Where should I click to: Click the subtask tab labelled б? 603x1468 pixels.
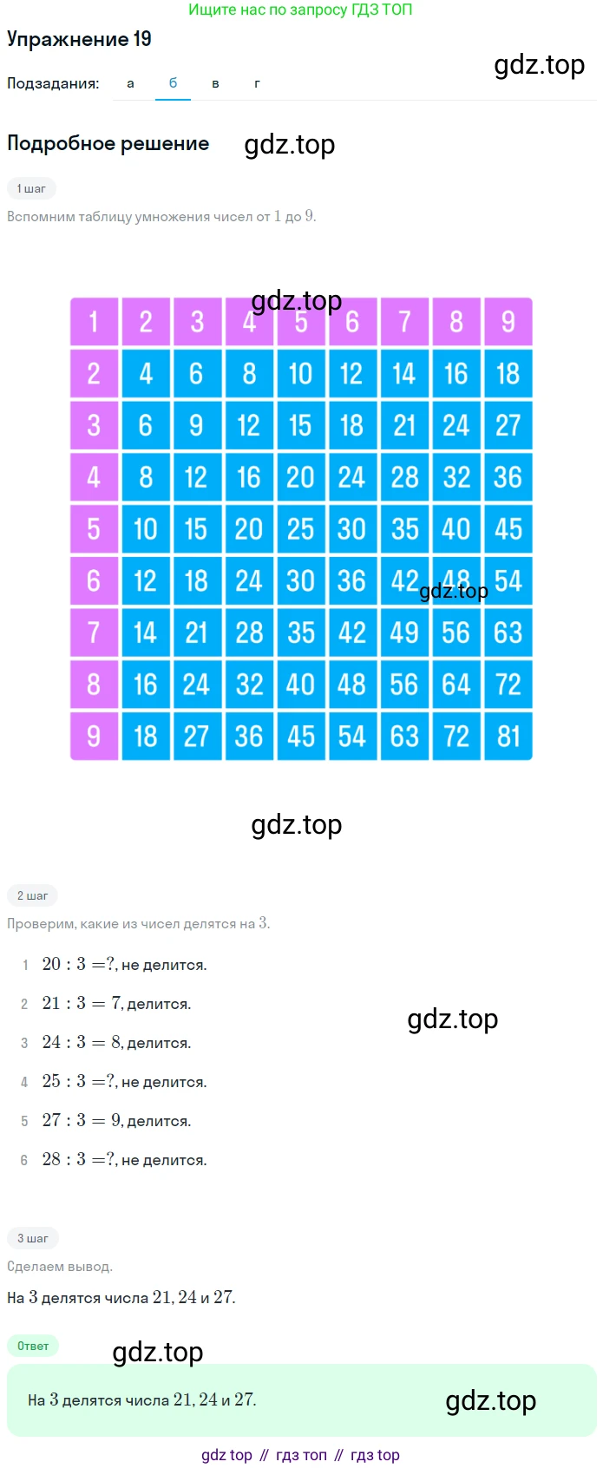coord(173,83)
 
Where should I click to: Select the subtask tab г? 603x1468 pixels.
coord(257,83)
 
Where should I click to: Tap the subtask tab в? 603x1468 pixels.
coord(215,83)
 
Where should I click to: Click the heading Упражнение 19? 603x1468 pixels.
coord(79,39)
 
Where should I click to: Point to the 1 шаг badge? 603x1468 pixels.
coord(31,189)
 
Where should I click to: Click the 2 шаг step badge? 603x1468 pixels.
coord(32,895)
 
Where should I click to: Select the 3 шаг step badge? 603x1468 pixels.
coord(33,1238)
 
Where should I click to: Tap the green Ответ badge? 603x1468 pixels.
coord(33,1346)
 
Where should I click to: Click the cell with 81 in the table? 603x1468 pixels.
coord(508,736)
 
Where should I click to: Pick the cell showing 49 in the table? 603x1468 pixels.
coord(404,632)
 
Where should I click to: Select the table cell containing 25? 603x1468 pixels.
coord(301,529)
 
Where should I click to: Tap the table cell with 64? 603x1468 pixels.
coord(456,685)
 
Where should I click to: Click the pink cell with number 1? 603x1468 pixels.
coord(94,322)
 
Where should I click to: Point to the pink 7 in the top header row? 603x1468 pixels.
coord(404,322)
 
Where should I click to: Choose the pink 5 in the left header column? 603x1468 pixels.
coord(94,529)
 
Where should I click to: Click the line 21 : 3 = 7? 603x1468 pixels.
coord(116,1003)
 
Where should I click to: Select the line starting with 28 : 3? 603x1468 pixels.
coord(125,1159)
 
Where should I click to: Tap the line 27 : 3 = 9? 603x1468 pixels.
coord(116,1121)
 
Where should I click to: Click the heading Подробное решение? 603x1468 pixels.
coord(108,143)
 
